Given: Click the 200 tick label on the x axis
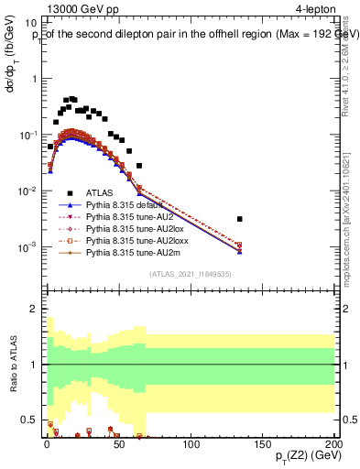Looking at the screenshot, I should pos(333,444).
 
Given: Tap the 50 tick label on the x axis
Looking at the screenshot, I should pos(117,444).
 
